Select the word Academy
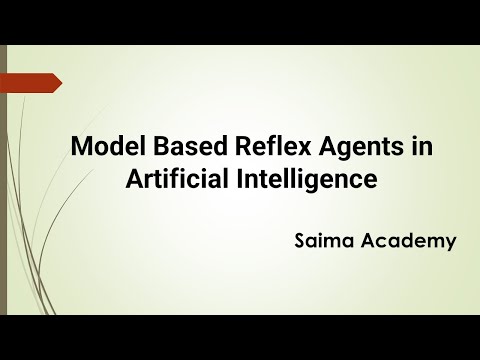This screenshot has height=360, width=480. click(x=405, y=243)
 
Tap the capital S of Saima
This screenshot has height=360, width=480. click(x=301, y=242)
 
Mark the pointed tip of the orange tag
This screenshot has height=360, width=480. click(x=60, y=83)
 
